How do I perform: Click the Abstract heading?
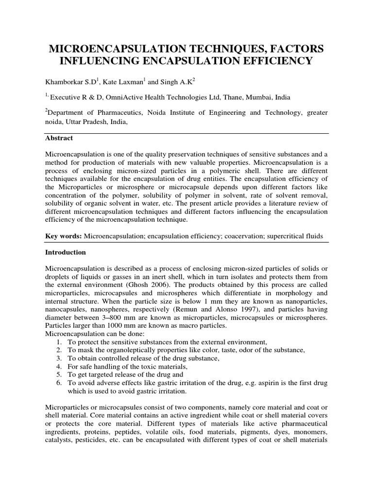(x=59, y=139)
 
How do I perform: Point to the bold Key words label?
(x=63, y=236)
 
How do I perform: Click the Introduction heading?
(x=65, y=253)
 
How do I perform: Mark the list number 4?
(x=59, y=366)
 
